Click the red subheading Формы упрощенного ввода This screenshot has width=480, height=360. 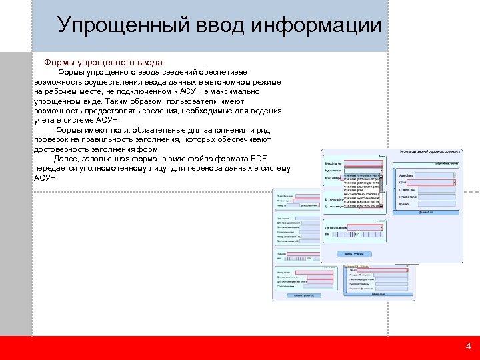(103, 62)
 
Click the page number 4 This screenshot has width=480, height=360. (468, 347)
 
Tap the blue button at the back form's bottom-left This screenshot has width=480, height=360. (297, 295)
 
